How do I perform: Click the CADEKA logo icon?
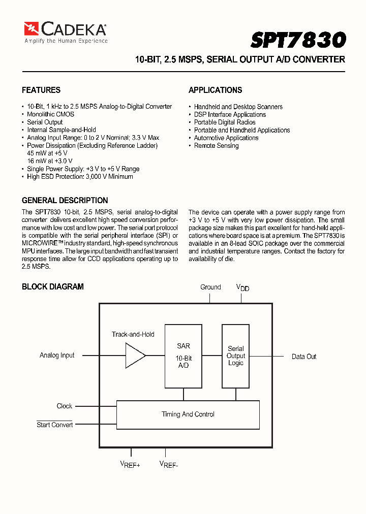[x=32, y=28]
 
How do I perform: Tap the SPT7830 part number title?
[x=298, y=40]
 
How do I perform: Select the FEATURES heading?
[x=41, y=90]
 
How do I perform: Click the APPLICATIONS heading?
[x=215, y=90]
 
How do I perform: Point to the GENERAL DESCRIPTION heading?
[x=65, y=200]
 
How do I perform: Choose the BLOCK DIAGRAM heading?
[x=52, y=286]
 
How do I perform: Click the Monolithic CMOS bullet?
[x=50, y=114]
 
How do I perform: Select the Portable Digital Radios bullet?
[x=224, y=122]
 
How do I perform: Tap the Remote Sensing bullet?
[x=216, y=146]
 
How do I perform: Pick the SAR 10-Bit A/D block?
[x=184, y=356]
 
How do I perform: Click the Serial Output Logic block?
[x=235, y=356]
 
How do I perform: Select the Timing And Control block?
[x=188, y=414]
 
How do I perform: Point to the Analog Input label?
[x=57, y=356]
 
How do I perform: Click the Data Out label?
[x=304, y=357]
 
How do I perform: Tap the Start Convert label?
[x=54, y=425]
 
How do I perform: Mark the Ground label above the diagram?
[x=210, y=287]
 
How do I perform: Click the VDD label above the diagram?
[x=242, y=287]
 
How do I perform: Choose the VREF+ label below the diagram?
[x=130, y=464]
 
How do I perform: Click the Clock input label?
[x=65, y=406]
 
